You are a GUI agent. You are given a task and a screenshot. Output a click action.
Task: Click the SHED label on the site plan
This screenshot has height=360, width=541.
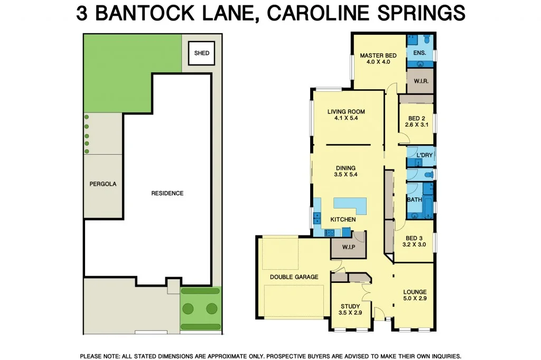[x=202, y=53]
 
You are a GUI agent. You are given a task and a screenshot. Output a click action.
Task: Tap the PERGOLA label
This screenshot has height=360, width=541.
[x=103, y=184]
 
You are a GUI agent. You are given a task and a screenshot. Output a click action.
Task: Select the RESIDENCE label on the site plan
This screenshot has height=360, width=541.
[x=167, y=193]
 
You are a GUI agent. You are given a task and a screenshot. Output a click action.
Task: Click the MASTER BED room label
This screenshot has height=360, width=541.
[x=378, y=55]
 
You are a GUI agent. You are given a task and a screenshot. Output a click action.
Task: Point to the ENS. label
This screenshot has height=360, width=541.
[x=419, y=53]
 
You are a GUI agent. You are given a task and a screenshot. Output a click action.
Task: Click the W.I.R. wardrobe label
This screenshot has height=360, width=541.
[x=421, y=82]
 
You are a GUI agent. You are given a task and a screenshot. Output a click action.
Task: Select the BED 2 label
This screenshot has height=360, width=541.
[x=416, y=118]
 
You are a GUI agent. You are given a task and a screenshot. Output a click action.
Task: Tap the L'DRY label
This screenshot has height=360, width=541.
[x=424, y=155]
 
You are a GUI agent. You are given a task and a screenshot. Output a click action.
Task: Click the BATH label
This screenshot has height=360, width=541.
[x=414, y=200]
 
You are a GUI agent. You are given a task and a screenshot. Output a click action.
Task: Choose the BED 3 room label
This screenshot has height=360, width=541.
[x=414, y=238]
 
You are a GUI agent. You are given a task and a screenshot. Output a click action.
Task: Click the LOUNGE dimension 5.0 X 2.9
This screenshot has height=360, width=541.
[x=415, y=299]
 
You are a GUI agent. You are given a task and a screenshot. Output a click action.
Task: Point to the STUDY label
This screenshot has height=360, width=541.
[x=350, y=306]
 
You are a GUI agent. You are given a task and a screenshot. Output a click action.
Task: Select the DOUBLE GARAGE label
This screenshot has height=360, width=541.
[x=294, y=277]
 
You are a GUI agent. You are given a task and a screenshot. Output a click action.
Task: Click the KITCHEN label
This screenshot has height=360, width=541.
[x=343, y=219]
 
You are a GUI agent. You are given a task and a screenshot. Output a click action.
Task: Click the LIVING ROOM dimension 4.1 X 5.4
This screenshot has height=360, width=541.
[x=346, y=118]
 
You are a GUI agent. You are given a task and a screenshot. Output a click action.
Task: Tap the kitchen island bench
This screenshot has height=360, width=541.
[x=350, y=204]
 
